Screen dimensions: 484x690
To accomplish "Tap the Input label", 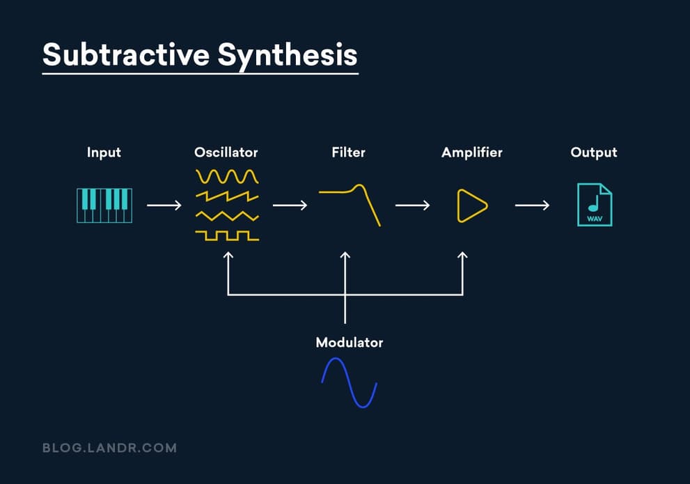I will coord(104,152).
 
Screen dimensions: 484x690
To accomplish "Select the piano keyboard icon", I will coord(104,205).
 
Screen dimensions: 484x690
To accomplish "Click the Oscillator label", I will coord(226,152).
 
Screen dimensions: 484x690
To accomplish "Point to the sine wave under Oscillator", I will coord(227,175).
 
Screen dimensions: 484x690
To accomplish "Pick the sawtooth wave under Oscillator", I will coord(227,196).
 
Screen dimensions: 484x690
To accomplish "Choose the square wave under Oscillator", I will coord(227,236).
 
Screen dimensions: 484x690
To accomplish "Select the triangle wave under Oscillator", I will coord(227,216).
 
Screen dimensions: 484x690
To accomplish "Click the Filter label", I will coord(348,152).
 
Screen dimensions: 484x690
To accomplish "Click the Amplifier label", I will coord(471,152).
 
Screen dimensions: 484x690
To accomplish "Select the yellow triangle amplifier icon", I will coord(471,205).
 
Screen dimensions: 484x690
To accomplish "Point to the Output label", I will coord(594,152).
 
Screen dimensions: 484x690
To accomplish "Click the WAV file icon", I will coord(595,205).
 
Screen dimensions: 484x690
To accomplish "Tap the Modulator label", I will coord(349,343).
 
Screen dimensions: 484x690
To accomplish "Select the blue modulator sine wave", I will coord(349,382).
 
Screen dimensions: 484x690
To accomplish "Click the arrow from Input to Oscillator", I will coord(164,205).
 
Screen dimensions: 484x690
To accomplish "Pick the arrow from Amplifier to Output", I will coord(532,205).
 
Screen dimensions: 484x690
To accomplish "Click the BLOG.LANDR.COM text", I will coord(109,448).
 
